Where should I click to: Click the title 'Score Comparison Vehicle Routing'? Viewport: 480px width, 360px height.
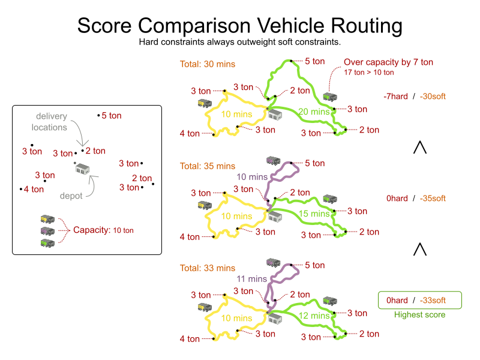pos(240,26)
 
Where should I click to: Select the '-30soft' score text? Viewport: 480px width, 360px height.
pos(433,96)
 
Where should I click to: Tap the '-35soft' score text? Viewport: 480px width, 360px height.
pos(433,198)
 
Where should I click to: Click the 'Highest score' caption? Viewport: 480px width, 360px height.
pos(419,314)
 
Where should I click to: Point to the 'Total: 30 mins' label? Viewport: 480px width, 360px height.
pos(208,64)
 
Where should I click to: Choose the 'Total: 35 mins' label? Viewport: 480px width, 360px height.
pos(208,166)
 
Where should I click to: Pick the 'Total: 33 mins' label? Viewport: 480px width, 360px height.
pos(208,268)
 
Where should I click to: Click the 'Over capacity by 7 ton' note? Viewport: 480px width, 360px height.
pos(388,62)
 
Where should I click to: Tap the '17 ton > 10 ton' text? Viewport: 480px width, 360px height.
pos(369,73)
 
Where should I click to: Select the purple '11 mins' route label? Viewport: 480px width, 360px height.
pos(251,279)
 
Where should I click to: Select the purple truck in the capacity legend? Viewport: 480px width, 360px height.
pos(47,230)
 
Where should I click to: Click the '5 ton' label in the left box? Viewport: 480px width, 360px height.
pos(112,115)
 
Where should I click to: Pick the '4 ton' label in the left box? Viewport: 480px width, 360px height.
pos(34,189)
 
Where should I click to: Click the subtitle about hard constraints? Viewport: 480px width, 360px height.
pos(240,42)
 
